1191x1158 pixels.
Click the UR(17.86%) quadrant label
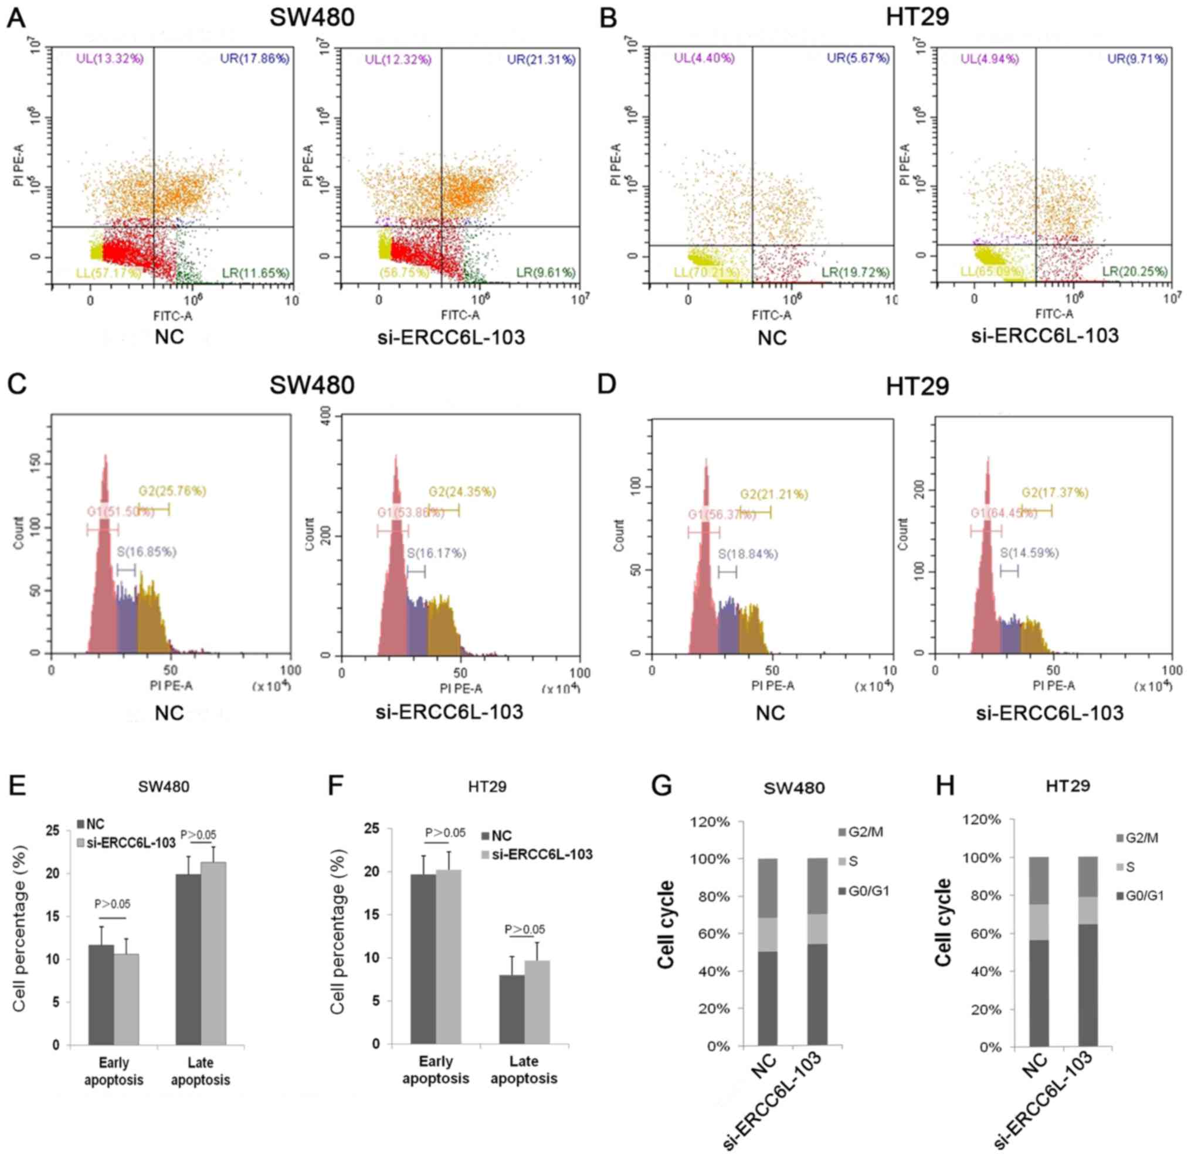pyautogui.click(x=255, y=59)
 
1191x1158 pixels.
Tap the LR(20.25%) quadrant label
pyautogui.click(x=1135, y=272)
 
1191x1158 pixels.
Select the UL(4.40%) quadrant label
pyautogui.click(x=704, y=59)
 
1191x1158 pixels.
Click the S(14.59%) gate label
pyautogui.click(x=1029, y=553)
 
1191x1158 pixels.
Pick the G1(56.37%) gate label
pyautogui.click(x=721, y=515)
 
